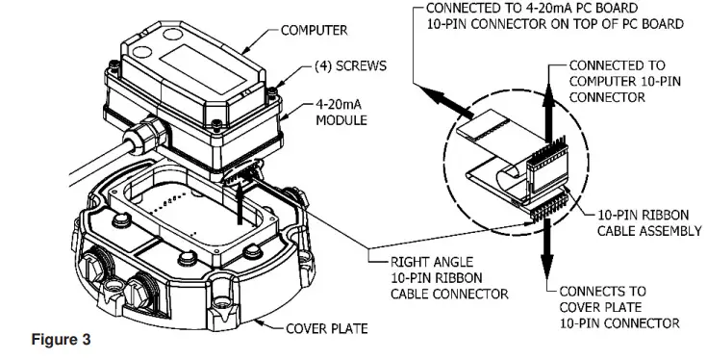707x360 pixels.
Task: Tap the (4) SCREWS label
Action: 350,69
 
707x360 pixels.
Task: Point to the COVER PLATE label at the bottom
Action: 328,328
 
